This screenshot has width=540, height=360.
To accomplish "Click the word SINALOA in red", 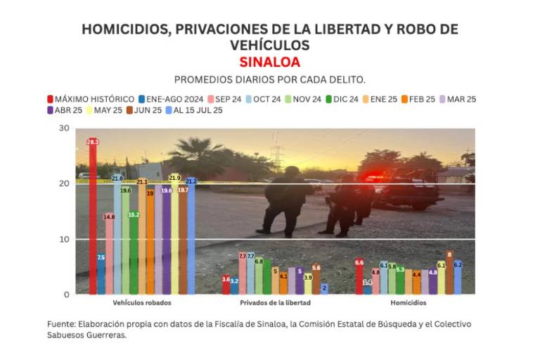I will (269, 62).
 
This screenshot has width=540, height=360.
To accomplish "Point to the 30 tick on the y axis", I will (64, 128).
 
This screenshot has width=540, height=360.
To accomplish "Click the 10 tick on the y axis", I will (64, 239).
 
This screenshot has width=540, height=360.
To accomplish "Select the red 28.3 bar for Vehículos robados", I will (93, 218).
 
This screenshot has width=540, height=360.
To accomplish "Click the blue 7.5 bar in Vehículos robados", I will (101, 274).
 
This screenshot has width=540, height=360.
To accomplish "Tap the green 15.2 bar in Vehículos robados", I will (134, 253).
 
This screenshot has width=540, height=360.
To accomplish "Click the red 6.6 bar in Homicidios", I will (359, 277).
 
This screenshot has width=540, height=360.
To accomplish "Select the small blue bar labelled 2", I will (324, 288).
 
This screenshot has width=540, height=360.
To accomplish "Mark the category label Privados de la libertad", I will (275, 303).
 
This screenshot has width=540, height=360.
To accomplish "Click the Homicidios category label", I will (408, 303).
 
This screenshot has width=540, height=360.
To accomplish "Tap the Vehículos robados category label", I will (142, 303).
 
